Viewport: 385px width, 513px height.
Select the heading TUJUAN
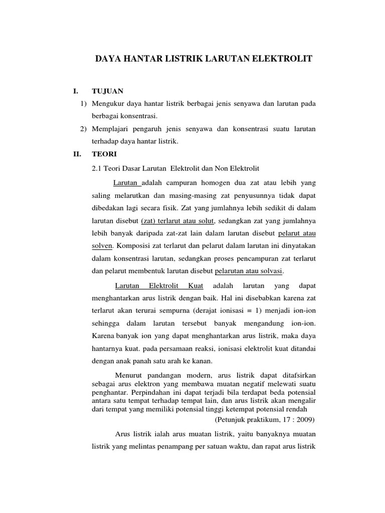(107, 91)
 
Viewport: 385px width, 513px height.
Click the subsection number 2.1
(97, 168)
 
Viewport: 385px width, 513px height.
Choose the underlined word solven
(103, 245)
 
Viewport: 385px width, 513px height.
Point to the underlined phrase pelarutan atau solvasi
(249, 271)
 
